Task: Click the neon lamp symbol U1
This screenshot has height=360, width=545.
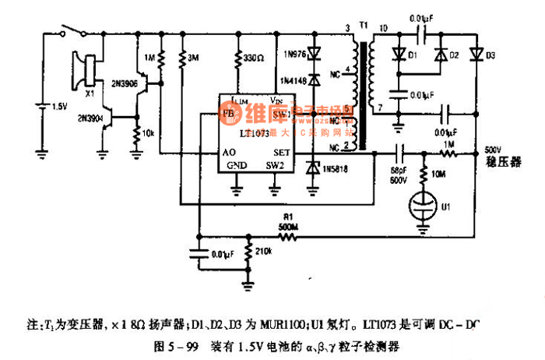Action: tap(425, 207)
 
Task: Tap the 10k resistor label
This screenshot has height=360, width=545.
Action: tap(148, 132)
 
